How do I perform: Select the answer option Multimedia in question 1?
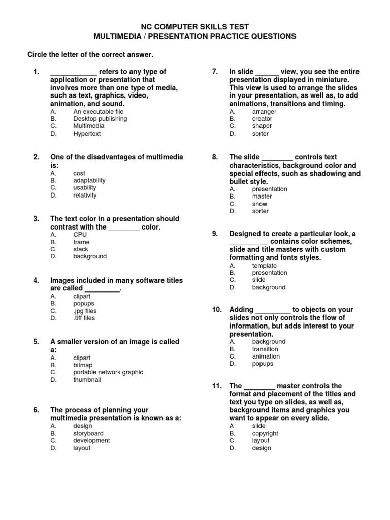[x=88, y=126]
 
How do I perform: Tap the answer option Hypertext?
[x=87, y=134]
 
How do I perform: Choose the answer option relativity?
[x=85, y=195]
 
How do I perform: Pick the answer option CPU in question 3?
[x=80, y=235]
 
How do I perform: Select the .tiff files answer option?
[x=84, y=318]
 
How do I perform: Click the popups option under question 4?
[x=84, y=303]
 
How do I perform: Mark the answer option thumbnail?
[x=87, y=379]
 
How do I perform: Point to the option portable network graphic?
[x=108, y=372]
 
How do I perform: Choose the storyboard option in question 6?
[x=88, y=433]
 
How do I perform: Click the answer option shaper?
[x=262, y=126]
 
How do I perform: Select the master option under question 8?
[x=262, y=196]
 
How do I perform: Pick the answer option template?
[x=264, y=265]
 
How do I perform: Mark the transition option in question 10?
[x=265, y=349]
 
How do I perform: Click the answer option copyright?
[x=265, y=433]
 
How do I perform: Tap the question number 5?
[x=36, y=342]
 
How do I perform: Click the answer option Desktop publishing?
[x=100, y=119]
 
